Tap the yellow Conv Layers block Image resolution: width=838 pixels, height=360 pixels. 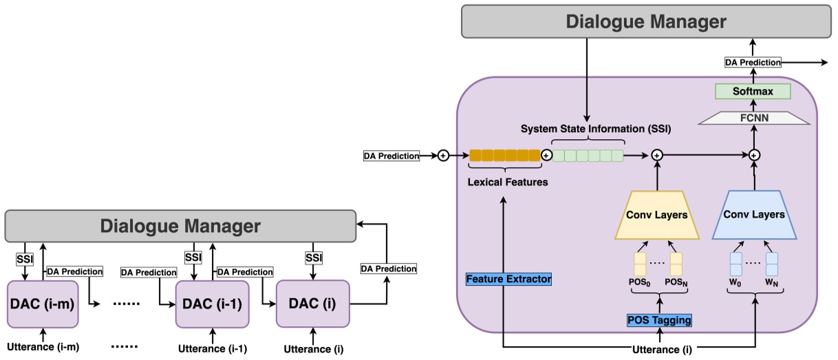click(656, 215)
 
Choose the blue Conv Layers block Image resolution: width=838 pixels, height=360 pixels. click(754, 214)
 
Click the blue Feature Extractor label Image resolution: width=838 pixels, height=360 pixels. click(508, 279)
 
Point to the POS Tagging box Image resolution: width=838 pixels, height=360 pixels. click(659, 320)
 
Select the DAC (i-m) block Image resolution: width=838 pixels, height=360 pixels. click(43, 304)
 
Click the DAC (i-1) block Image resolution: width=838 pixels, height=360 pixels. click(212, 304)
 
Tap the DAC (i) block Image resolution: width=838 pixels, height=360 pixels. click(313, 303)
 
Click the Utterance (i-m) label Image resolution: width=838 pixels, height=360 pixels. click(43, 347)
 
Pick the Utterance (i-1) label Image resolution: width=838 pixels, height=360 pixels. click(213, 348)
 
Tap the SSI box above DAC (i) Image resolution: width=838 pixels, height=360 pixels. click(314, 257)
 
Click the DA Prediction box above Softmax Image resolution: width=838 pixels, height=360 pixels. click(753, 63)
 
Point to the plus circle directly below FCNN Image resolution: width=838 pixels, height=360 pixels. click(754, 156)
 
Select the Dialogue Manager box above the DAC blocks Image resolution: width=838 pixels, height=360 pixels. click(180, 226)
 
